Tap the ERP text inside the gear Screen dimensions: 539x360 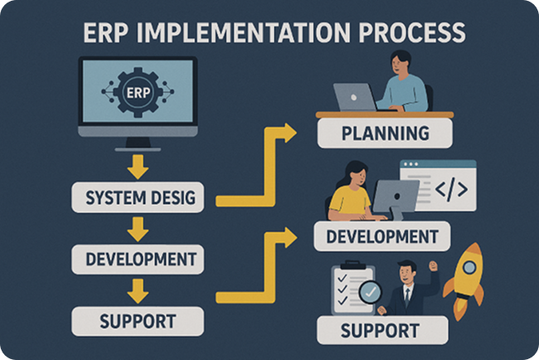point(138,93)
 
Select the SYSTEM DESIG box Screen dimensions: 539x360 point(138,197)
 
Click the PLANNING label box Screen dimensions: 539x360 point(385,134)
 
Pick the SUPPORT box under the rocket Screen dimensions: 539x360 point(382,330)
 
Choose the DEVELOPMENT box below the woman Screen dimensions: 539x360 point(382,236)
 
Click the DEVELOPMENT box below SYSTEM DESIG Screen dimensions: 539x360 point(138,260)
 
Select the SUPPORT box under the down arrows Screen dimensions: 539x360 point(138,321)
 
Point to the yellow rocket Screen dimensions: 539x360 point(464,280)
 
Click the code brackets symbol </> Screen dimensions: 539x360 point(451,189)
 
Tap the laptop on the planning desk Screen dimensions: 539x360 point(355,97)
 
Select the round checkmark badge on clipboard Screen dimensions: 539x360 point(370,292)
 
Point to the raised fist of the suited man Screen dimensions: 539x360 point(433,266)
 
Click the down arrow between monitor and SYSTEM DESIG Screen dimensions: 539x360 point(138,167)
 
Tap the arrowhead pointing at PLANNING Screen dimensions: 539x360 point(289,133)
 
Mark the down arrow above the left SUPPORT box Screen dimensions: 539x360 point(138,291)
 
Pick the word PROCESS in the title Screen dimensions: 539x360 point(412,33)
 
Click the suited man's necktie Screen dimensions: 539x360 point(407,296)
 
